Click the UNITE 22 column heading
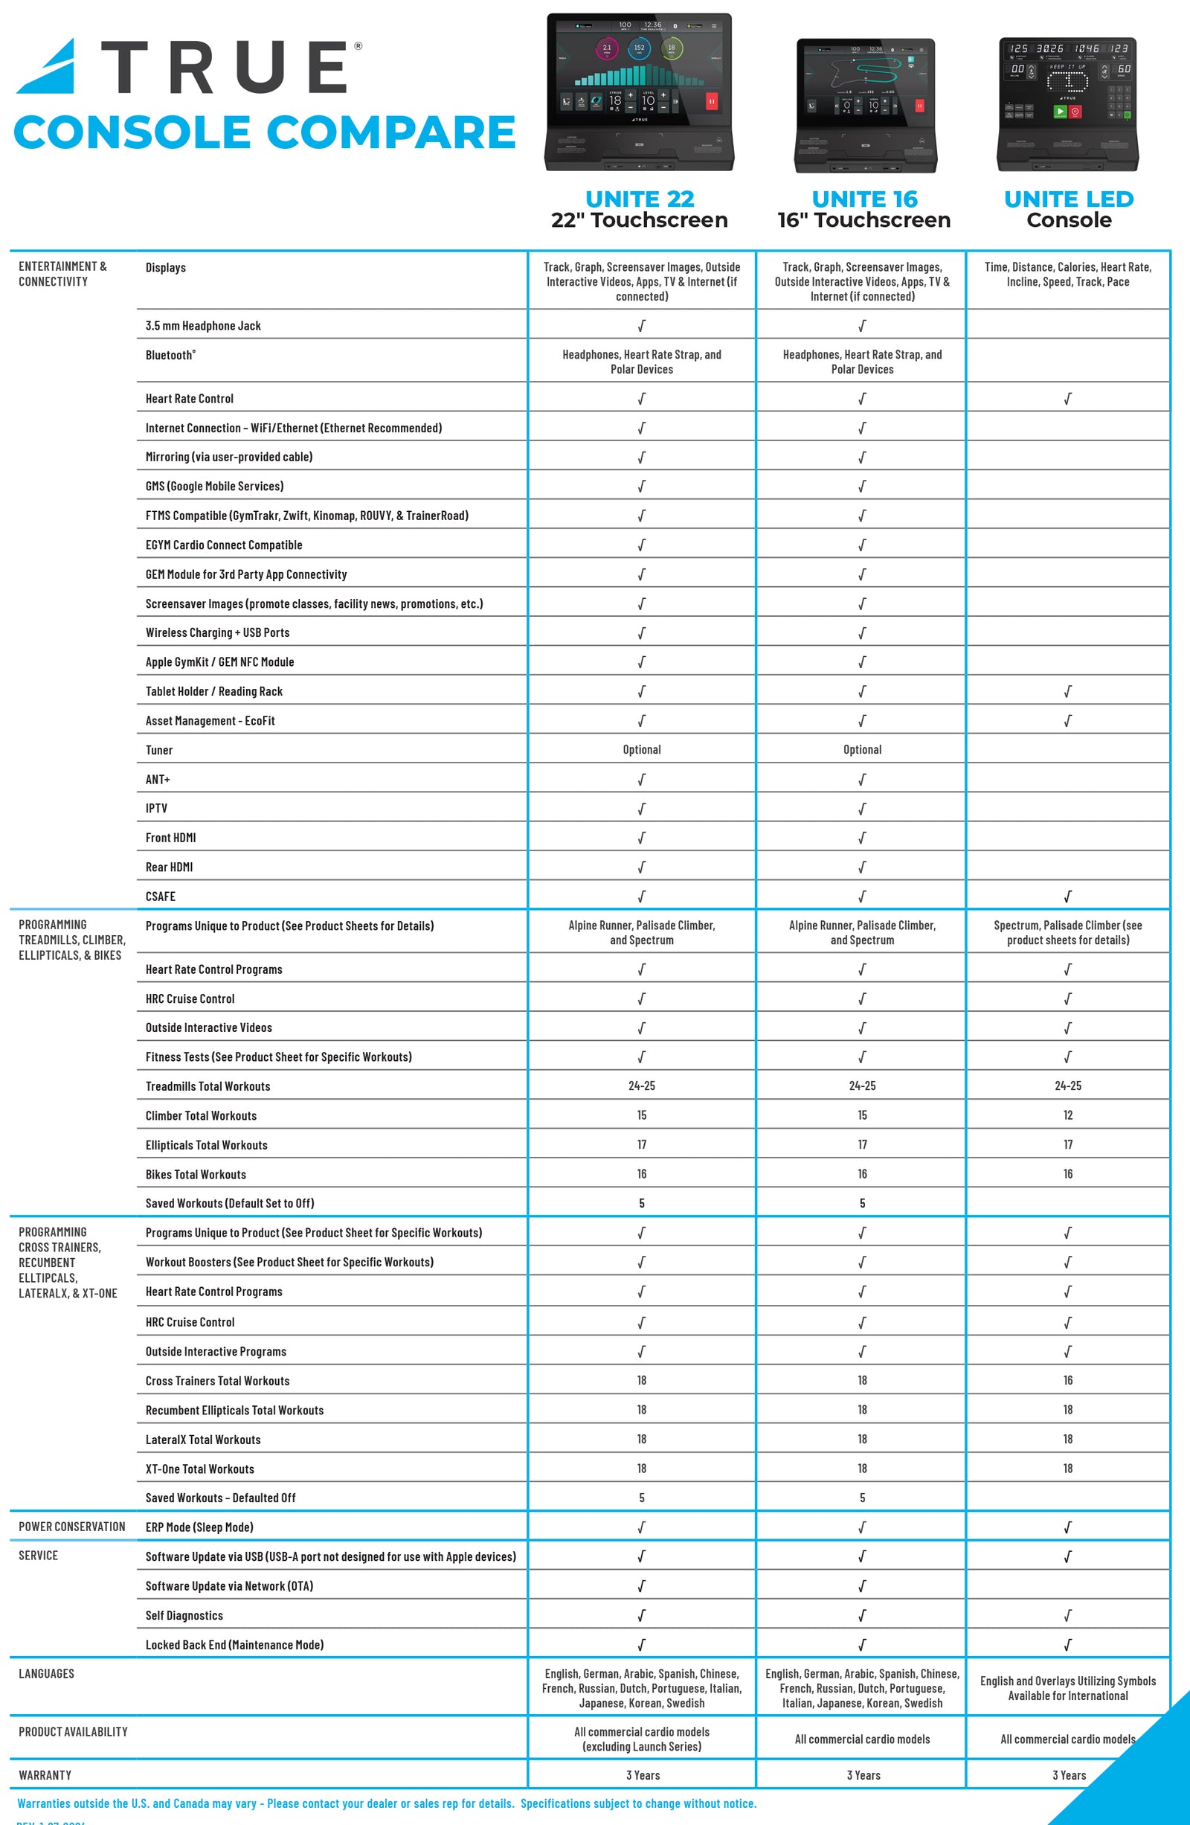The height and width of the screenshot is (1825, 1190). point(640,199)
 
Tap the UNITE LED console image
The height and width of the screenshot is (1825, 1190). point(1067,103)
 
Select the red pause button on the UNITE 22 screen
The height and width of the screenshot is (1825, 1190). point(712,101)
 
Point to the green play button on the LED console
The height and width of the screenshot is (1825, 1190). point(1060,111)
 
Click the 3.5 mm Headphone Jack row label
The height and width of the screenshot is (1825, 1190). point(203,326)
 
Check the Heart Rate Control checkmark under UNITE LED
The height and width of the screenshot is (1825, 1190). point(1067,399)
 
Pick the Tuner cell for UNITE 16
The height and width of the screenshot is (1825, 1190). point(862,750)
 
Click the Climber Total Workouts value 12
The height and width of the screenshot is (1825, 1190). point(1067,1115)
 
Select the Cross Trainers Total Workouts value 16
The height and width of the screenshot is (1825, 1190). point(1067,1380)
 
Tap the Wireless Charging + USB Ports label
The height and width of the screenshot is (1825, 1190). point(218,632)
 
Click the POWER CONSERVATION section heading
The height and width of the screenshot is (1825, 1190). point(72,1527)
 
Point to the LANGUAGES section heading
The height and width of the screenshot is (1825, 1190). point(47,1674)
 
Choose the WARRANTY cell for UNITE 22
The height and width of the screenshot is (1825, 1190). point(643,1775)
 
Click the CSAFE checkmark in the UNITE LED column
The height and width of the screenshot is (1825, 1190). point(1067,897)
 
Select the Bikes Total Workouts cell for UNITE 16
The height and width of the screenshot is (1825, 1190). point(862,1174)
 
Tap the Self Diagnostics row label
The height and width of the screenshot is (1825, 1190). point(184,1616)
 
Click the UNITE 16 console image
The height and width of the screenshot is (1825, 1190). point(865,105)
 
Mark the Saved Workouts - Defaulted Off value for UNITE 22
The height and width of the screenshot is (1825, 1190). point(642,1498)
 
